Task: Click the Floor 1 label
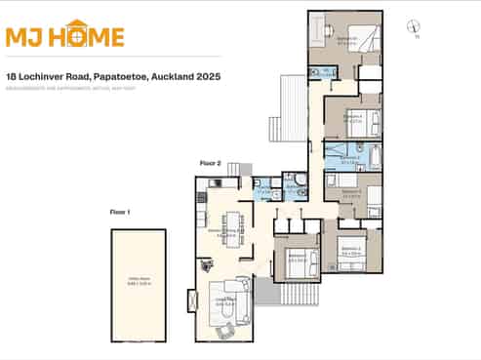[120, 211]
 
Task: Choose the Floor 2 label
[211, 163]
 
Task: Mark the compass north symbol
[415, 29]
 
